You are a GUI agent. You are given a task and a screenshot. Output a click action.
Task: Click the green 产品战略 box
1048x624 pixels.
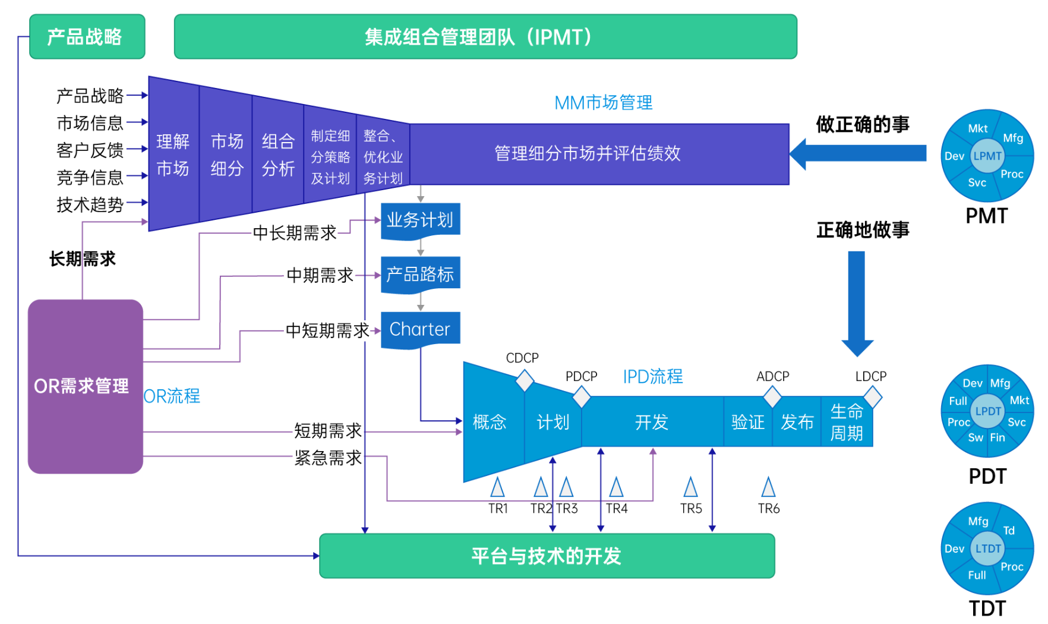click(87, 37)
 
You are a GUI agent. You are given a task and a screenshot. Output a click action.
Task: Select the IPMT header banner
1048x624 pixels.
click(485, 37)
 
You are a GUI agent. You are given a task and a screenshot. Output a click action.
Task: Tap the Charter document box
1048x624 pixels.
click(420, 329)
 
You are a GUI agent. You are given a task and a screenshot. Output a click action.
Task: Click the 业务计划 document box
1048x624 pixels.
click(420, 220)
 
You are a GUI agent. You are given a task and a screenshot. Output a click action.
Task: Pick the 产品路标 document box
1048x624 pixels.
click(420, 275)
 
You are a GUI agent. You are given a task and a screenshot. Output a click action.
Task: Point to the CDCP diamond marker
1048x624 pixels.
click(525, 380)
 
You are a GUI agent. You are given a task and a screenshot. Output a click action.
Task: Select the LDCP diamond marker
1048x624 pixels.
click(872, 396)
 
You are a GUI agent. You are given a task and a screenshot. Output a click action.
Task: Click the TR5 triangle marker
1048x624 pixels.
click(690, 487)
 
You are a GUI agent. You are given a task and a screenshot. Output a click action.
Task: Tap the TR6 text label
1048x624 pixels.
click(768, 509)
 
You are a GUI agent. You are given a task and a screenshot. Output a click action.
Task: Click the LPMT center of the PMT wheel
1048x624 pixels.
click(987, 156)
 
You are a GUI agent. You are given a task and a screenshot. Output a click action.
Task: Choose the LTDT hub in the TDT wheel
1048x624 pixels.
click(987, 549)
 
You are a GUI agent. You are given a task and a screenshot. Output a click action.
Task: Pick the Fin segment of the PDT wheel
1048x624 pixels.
click(998, 438)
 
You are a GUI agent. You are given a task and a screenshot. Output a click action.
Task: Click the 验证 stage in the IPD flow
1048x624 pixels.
click(747, 422)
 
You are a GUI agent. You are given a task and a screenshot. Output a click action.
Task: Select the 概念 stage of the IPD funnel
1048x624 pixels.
click(490, 422)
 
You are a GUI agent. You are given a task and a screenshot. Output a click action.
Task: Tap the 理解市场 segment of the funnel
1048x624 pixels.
click(173, 155)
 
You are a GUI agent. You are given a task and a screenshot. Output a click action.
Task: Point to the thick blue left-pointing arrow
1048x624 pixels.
click(858, 154)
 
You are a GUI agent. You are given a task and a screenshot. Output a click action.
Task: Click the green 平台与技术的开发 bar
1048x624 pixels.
click(547, 556)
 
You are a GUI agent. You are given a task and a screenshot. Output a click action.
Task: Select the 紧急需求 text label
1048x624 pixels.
click(328, 458)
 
